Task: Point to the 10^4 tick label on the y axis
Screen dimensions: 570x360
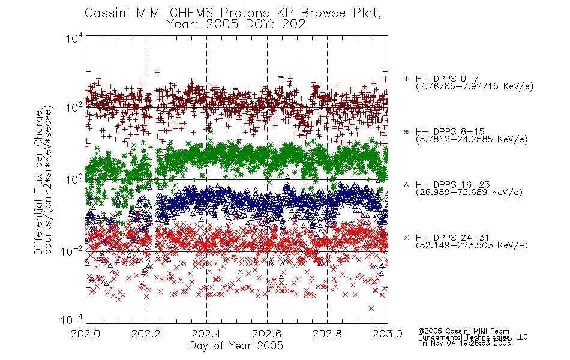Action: [x=74, y=38]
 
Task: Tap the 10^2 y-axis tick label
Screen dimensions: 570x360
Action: [x=74, y=108]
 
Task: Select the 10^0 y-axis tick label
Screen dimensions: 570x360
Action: [x=74, y=179]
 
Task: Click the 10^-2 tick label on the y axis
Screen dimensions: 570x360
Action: [x=73, y=251]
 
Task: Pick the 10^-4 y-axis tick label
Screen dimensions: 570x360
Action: [x=73, y=319]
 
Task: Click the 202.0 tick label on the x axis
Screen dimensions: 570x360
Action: [x=86, y=334]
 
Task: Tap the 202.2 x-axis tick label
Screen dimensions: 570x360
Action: [x=146, y=334]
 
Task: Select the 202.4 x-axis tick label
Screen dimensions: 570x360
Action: [x=206, y=334]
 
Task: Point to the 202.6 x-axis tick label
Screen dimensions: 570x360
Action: [x=266, y=334]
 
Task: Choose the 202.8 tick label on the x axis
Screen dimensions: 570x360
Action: [x=327, y=334]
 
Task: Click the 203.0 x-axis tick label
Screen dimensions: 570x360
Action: [x=388, y=334]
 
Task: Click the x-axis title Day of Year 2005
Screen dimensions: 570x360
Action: [x=236, y=346]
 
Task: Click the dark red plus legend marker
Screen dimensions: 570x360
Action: [x=406, y=79]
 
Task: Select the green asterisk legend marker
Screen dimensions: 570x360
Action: [x=406, y=131]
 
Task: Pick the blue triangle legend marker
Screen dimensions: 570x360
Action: [x=406, y=185]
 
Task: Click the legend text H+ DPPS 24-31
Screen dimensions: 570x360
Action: [x=452, y=238]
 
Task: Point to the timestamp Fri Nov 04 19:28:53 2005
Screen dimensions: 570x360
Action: [x=464, y=343]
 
